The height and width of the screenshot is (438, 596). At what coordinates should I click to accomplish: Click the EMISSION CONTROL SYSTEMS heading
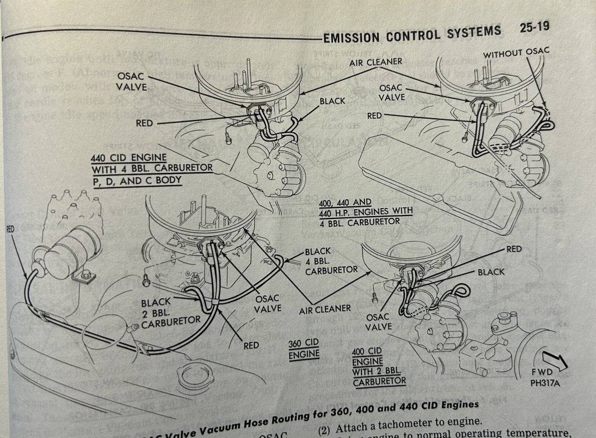[412, 34]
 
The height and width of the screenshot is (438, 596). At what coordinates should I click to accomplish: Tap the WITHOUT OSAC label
[516, 52]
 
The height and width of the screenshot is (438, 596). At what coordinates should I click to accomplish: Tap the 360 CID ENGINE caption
[304, 348]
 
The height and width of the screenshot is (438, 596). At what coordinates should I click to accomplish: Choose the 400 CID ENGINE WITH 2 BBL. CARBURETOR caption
[379, 365]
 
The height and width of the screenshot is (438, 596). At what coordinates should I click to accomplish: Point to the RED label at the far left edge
[10, 229]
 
